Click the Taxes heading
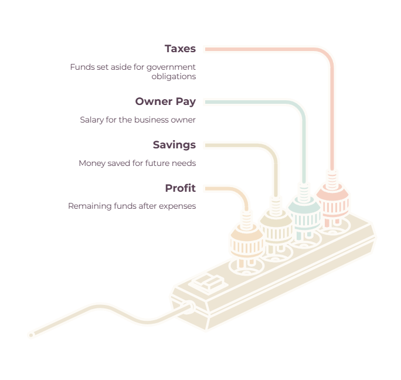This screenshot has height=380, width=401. [x=180, y=49]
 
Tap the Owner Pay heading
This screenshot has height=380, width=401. [x=165, y=101]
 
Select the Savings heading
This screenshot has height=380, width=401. [x=174, y=145]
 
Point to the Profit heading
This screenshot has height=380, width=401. [x=181, y=188]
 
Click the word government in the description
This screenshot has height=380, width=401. [x=171, y=67]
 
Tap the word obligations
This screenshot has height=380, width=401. [x=174, y=76]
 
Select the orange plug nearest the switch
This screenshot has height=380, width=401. [x=247, y=239]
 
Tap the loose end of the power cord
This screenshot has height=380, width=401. [x=31, y=335]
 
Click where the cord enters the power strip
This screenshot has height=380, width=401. [x=189, y=307]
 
